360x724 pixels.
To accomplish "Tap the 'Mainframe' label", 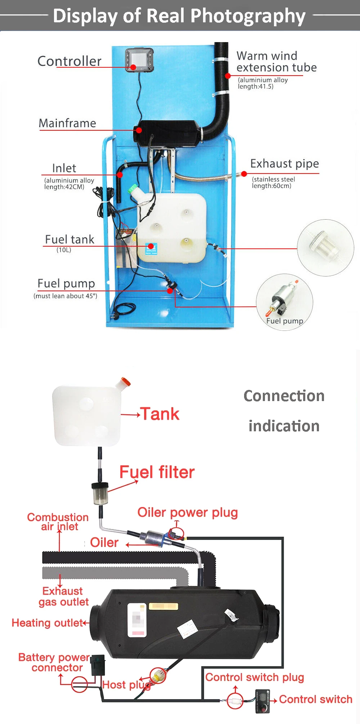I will tap(67, 123).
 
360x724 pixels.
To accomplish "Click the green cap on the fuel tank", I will tap(134, 189).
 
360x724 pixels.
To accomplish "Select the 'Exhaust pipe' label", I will tap(284, 164).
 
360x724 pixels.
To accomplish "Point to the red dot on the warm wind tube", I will tap(228, 76).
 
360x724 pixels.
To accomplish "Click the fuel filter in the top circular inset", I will tap(324, 247).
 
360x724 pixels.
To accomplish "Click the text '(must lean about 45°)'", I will tap(65, 296).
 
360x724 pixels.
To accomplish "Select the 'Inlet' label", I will tap(64, 168).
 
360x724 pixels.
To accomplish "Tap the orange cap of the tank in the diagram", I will tap(125, 382).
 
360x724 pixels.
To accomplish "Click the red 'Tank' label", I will tap(160, 414).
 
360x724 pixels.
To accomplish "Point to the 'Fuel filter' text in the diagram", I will tap(157, 472).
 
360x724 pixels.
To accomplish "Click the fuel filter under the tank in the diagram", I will tap(100, 494).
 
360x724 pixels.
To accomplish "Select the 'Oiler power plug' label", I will tap(188, 512).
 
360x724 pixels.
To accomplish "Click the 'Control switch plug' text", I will tap(255, 677).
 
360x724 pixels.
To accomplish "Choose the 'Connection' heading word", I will tap(284, 396).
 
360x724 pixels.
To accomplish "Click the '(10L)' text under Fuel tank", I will tap(64, 250).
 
